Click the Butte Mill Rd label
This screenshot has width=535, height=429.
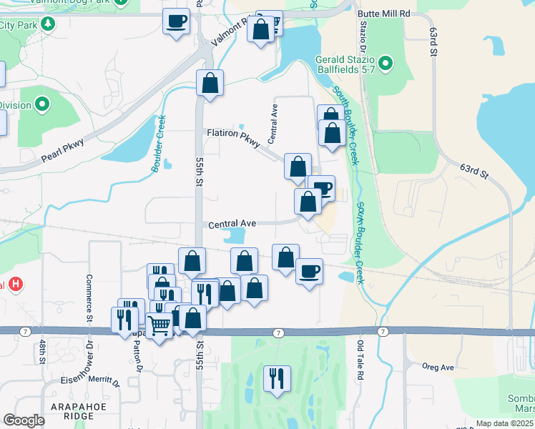tap(385, 14)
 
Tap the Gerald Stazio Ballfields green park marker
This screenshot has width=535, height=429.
tap(386, 64)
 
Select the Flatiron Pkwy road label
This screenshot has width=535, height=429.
tap(231, 134)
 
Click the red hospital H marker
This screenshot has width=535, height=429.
tap(16, 285)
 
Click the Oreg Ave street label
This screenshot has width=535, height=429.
tap(438, 368)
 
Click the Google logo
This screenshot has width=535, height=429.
tap(24, 420)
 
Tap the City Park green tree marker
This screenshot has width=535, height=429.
tap(48, 24)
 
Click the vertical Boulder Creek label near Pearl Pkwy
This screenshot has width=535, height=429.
tap(157, 144)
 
